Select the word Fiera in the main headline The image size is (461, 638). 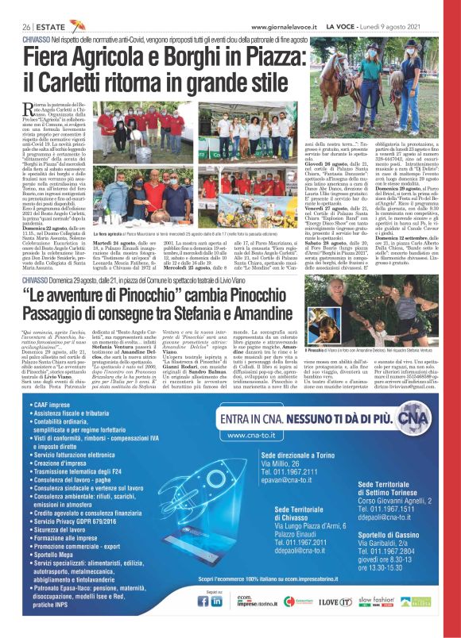(52, 57)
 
